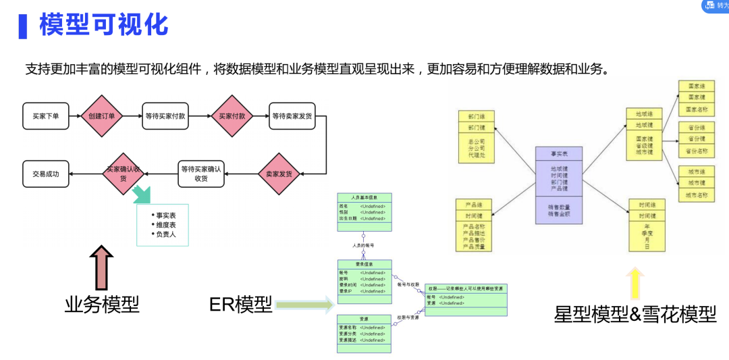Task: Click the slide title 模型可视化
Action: pos(103,26)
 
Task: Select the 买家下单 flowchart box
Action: pos(46,116)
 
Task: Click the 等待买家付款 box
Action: pos(165,116)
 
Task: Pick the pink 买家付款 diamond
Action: pos(232,116)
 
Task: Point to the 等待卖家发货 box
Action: pos(292,116)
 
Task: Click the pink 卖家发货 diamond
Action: pos(278,174)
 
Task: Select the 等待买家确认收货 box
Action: pos(200,174)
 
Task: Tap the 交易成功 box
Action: pos(46,174)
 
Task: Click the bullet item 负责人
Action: pos(165,234)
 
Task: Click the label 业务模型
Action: pos(102,305)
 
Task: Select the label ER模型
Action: pos(240,305)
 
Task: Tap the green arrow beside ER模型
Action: pos(304,305)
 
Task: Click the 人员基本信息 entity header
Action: pos(364,197)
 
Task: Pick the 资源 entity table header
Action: pos(364,319)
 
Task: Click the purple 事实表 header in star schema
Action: pos(560,153)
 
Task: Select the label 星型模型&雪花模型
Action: pos(635,314)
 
